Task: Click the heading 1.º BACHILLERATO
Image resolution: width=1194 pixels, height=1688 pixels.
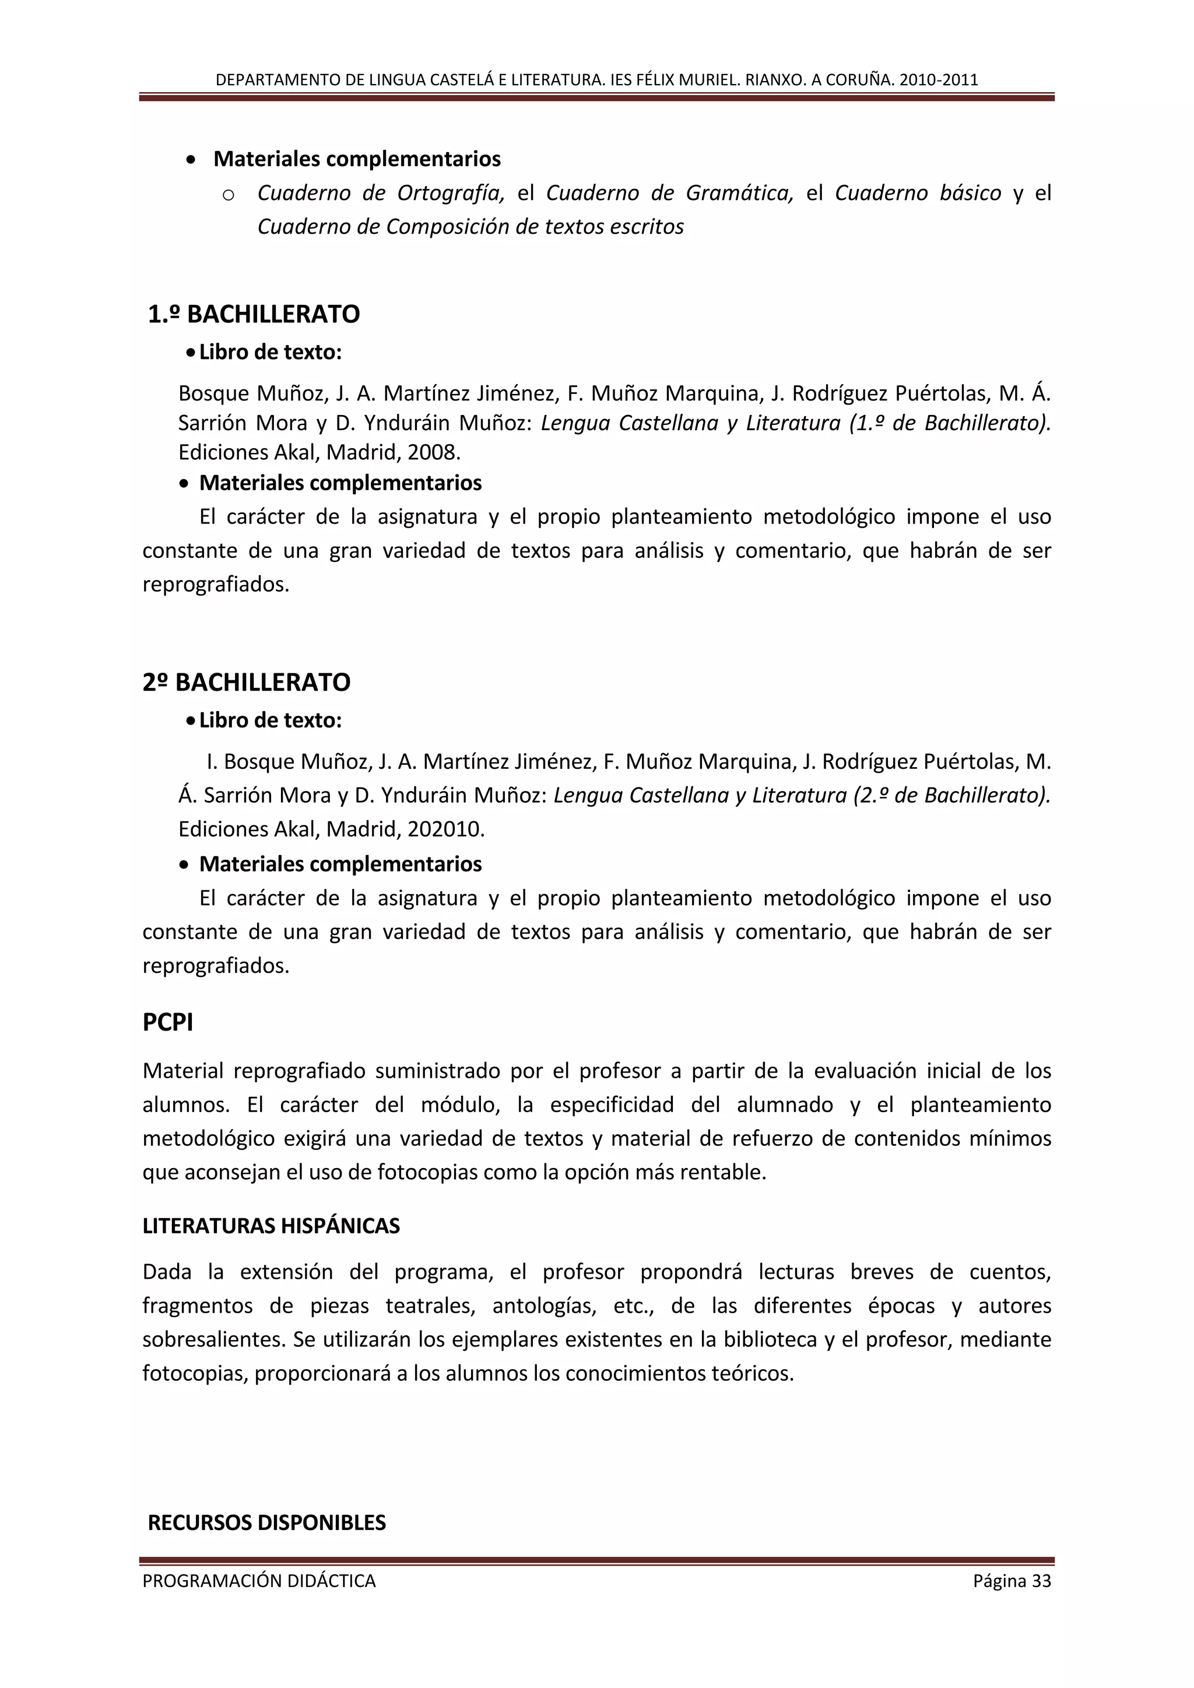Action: (x=254, y=315)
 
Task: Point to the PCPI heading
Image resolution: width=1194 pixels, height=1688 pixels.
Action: (x=168, y=1023)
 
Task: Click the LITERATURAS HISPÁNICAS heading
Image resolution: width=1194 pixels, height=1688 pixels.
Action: (x=271, y=1226)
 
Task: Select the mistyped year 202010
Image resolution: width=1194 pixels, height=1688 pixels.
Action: (x=445, y=829)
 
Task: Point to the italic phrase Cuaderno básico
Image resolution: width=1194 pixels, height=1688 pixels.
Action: (x=918, y=194)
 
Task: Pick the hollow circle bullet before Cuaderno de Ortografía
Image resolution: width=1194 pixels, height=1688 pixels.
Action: (x=228, y=195)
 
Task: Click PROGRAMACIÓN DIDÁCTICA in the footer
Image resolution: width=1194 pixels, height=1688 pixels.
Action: (x=259, y=1581)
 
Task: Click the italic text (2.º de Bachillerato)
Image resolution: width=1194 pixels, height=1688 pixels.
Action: (x=951, y=796)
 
